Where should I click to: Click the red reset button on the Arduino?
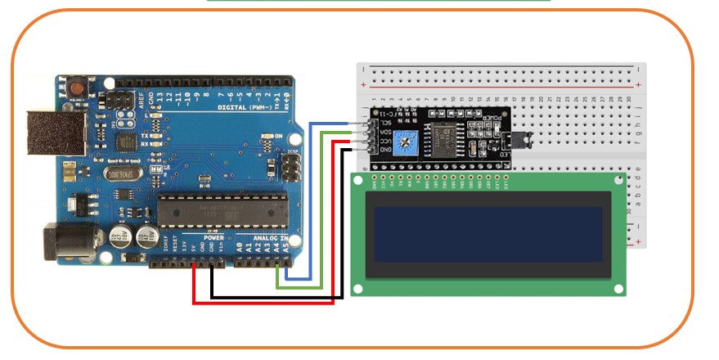78,86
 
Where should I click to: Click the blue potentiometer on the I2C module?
403,141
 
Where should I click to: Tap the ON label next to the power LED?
278,136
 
